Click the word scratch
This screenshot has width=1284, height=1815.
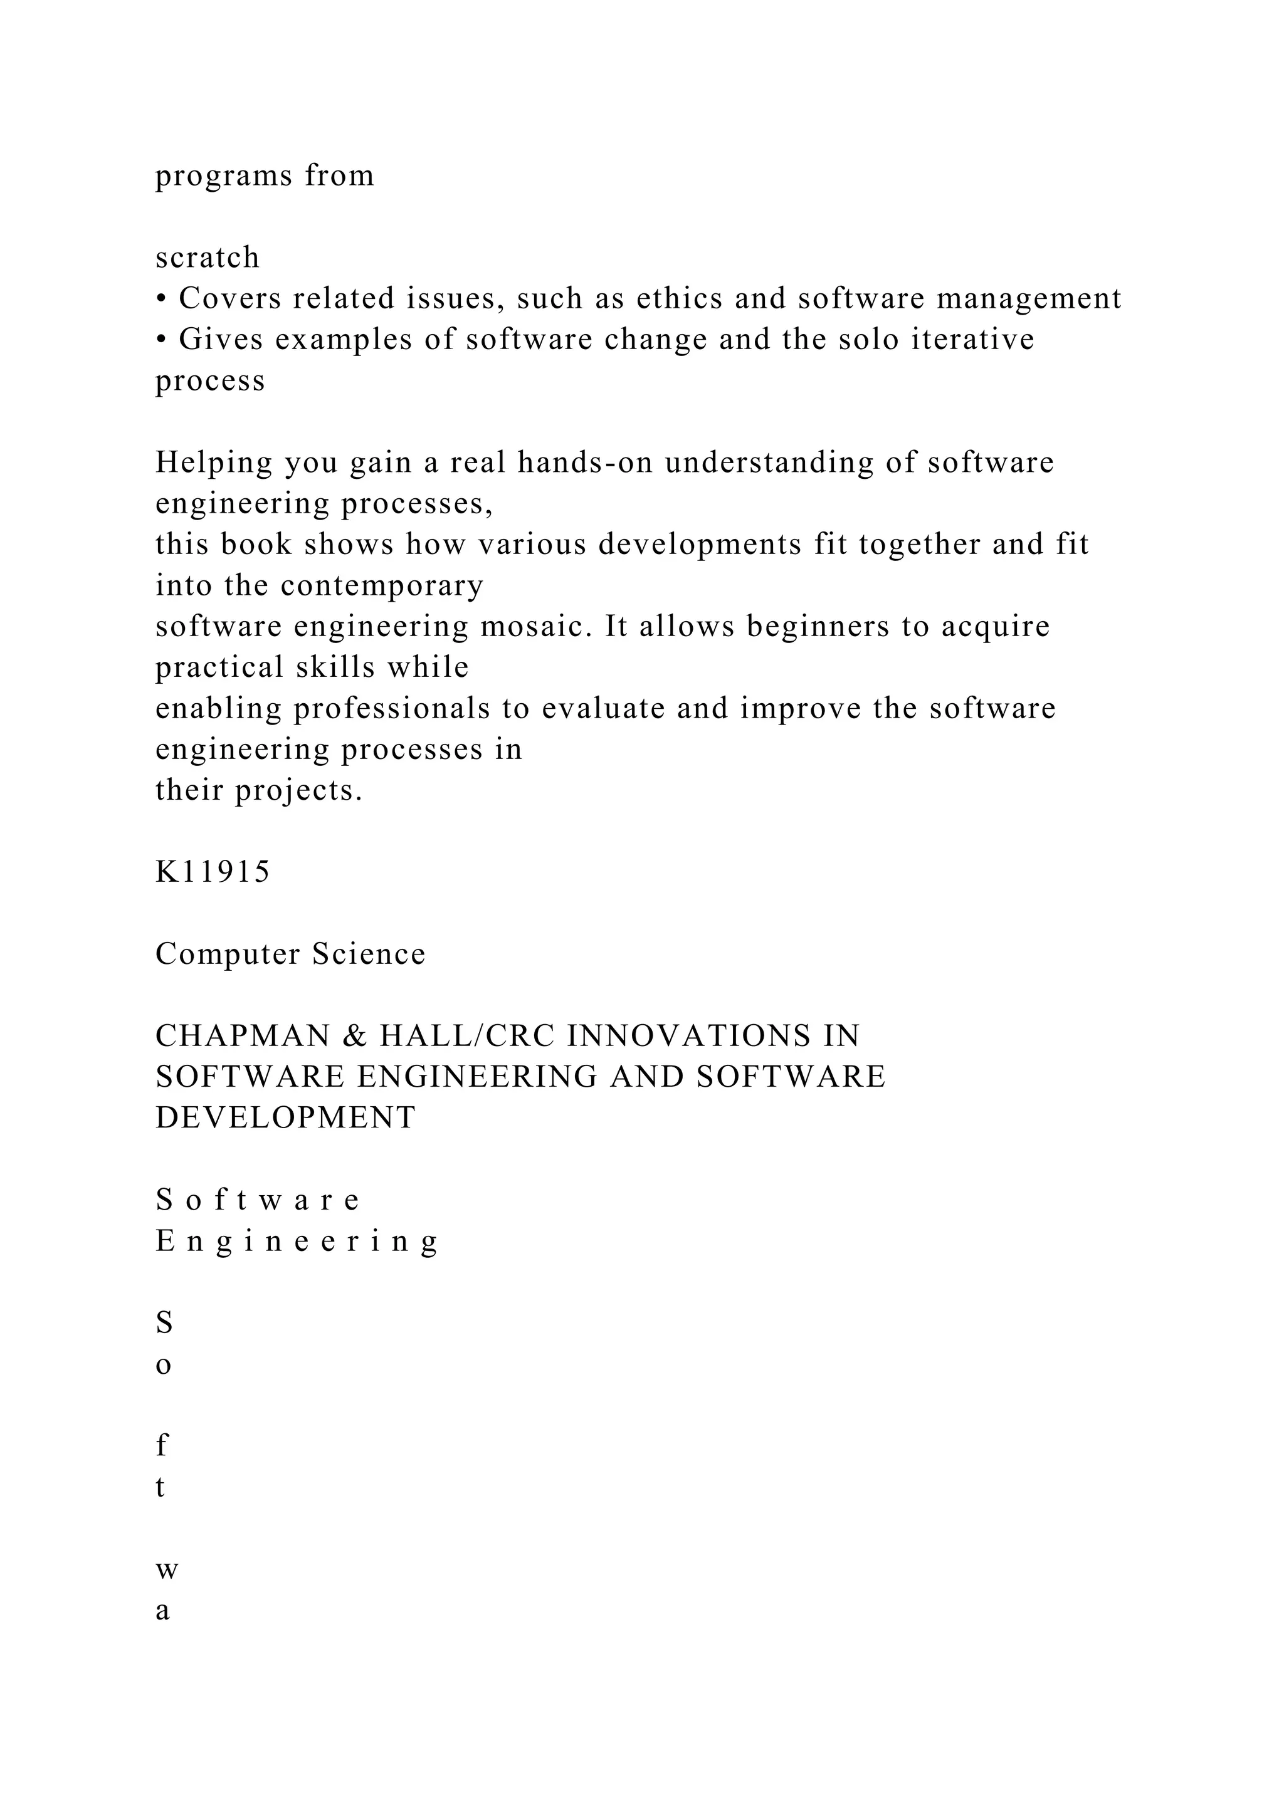click(x=207, y=258)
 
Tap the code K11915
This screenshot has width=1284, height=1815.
click(x=213, y=872)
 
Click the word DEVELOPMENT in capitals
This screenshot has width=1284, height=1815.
click(x=285, y=1119)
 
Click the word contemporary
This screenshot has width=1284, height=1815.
click(x=382, y=586)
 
